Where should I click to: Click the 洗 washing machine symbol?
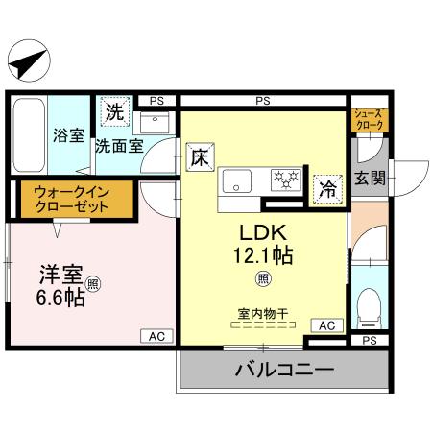click(x=114, y=111)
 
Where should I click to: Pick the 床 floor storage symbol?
click(x=199, y=155)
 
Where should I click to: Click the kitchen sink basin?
click(x=237, y=180)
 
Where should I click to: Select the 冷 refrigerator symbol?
click(x=327, y=189)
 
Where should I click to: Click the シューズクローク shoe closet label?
click(x=371, y=118)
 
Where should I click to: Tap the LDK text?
click(x=257, y=233)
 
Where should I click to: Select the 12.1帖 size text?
click(x=260, y=256)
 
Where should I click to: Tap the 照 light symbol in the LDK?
click(x=260, y=279)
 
